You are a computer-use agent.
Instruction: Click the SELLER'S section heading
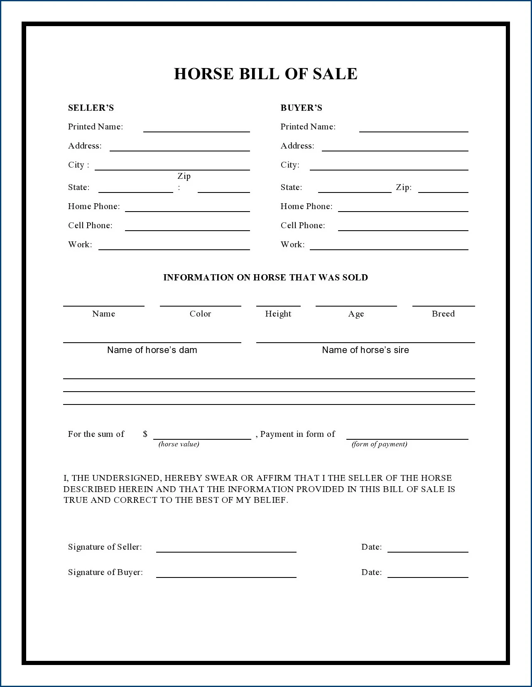pyautogui.click(x=91, y=108)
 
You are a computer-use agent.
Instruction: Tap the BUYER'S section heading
pyautogui.click(x=301, y=108)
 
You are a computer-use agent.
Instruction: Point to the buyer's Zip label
pyautogui.click(x=404, y=187)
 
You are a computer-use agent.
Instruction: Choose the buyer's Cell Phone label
pyautogui.click(x=303, y=225)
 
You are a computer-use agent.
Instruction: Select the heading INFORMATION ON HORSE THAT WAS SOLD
pyautogui.click(x=266, y=278)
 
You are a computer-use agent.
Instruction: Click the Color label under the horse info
pyautogui.click(x=200, y=314)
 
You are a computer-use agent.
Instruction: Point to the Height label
pyautogui.click(x=278, y=314)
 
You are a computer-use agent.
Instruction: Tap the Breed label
pyautogui.click(x=443, y=314)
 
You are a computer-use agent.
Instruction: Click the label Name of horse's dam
pyautogui.click(x=152, y=350)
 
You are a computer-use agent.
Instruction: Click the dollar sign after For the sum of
pyautogui.click(x=145, y=434)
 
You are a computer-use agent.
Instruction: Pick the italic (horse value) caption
pyautogui.click(x=179, y=444)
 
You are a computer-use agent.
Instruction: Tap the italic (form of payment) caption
pyautogui.click(x=379, y=444)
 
